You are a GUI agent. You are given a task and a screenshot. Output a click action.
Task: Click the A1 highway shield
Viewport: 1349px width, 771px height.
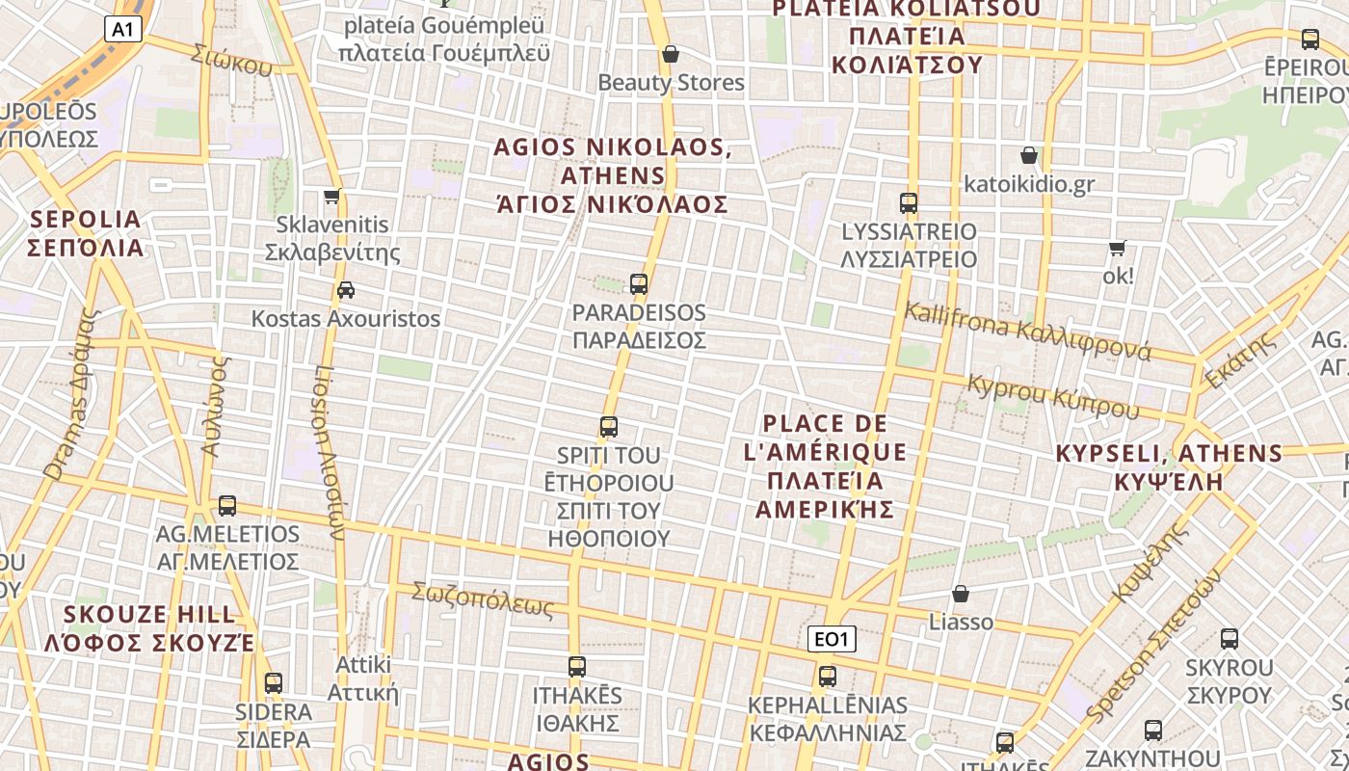click(122, 29)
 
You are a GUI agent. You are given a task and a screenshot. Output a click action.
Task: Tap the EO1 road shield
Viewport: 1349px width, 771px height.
click(831, 639)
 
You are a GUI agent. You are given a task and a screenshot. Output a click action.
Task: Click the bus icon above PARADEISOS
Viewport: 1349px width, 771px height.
click(639, 284)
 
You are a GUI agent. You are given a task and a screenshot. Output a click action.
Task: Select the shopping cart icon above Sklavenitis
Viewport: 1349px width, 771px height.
click(332, 197)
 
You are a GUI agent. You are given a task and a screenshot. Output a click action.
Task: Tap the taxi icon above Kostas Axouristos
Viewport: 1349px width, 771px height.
click(346, 290)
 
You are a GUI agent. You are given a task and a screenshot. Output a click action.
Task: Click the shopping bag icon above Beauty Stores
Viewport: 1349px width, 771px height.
click(671, 54)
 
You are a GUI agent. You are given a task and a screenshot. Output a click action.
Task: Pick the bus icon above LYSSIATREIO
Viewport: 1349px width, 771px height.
click(909, 203)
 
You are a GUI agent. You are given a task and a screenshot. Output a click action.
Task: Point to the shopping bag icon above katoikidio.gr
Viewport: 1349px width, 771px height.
click(1029, 155)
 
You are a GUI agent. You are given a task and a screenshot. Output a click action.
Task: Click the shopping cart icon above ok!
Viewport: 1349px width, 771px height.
click(1118, 248)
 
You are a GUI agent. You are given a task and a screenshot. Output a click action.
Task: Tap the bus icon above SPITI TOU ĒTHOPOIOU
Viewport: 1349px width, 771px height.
click(609, 426)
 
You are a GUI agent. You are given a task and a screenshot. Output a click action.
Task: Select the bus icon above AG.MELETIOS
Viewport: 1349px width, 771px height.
click(227, 505)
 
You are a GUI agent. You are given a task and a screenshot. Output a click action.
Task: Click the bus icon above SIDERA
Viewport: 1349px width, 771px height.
click(274, 683)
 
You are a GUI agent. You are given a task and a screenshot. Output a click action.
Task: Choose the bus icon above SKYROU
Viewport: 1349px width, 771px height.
click(1230, 638)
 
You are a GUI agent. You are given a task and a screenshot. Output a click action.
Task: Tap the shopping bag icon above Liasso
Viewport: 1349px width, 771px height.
click(961, 594)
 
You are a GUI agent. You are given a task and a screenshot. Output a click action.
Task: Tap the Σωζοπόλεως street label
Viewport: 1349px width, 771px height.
click(483, 599)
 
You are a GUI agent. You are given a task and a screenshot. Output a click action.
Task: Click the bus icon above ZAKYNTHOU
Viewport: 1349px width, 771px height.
click(1153, 731)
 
